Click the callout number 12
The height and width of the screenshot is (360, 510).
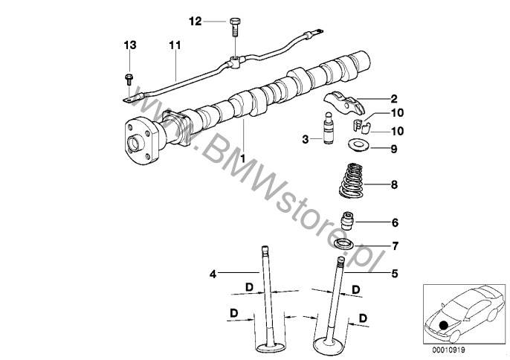pyautogui.click(x=195, y=22)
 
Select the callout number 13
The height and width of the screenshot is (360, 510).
pyautogui.click(x=130, y=45)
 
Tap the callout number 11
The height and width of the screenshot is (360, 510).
pyautogui.click(x=175, y=45)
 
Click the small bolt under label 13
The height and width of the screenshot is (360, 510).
pyautogui.click(x=129, y=80)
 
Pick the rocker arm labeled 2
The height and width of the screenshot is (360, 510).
pyautogui.click(x=343, y=103)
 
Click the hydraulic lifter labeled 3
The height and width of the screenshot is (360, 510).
pyautogui.click(x=328, y=130)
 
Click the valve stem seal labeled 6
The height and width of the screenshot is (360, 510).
pyautogui.click(x=348, y=221)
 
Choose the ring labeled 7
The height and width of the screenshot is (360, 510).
pyautogui.click(x=344, y=244)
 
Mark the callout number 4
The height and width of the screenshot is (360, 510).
pyautogui.click(x=213, y=274)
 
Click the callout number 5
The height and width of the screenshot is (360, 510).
pyautogui.click(x=395, y=274)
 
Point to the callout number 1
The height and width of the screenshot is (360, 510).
pyautogui.click(x=242, y=159)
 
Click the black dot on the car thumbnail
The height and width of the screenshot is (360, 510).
pyautogui.click(x=442, y=325)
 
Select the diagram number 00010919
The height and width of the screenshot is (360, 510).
pyautogui.click(x=448, y=350)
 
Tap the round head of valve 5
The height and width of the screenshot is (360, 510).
pyautogui.click(x=329, y=344)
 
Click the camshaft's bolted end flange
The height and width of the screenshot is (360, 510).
pyautogui.click(x=141, y=141)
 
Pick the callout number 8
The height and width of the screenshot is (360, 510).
pyautogui.click(x=394, y=185)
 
